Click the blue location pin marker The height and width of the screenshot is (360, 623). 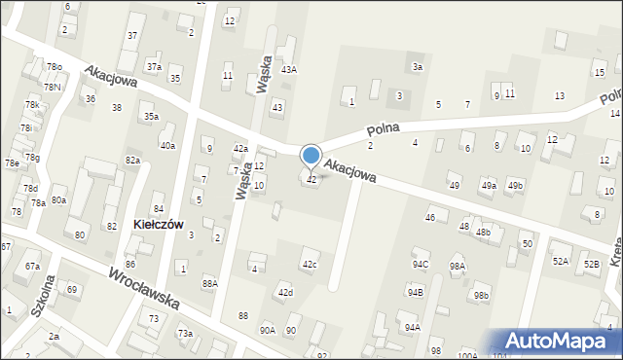311,157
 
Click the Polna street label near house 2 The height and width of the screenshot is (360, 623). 385,128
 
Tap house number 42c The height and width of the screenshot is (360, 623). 310,265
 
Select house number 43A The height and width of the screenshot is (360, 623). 289,70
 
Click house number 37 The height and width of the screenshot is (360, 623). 132,35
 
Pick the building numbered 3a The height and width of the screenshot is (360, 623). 417,66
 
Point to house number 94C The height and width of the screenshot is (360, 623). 421,264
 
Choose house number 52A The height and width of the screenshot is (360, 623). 561,262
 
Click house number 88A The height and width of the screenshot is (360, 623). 209,283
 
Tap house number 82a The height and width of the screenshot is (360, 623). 132,160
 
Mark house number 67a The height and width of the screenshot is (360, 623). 33,267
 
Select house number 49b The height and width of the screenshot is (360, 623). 515,185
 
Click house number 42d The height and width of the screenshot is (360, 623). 285,292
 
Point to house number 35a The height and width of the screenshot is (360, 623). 151,117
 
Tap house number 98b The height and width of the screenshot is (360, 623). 481,295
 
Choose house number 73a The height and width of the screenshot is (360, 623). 185,334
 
